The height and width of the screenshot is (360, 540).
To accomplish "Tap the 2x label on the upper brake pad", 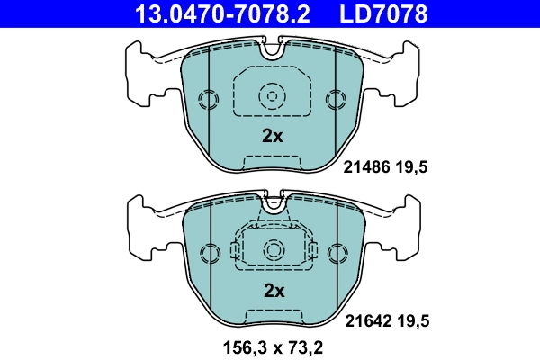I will click(x=272, y=136).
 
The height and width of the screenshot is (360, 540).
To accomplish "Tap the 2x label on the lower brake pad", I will click(x=273, y=290).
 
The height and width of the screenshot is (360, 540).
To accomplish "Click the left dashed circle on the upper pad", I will click(x=208, y=98).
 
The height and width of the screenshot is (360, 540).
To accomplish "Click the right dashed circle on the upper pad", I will click(x=336, y=98).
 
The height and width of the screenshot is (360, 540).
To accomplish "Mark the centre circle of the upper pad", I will click(x=272, y=94).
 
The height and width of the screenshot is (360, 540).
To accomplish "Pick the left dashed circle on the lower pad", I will click(x=208, y=252).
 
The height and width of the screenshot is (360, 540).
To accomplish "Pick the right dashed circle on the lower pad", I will click(x=336, y=252).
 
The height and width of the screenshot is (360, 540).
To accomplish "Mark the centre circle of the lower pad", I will click(x=272, y=249).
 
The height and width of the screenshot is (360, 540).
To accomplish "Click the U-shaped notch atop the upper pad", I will click(x=272, y=51).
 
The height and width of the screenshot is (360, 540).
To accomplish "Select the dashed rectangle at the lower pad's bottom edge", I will click(x=272, y=316).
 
